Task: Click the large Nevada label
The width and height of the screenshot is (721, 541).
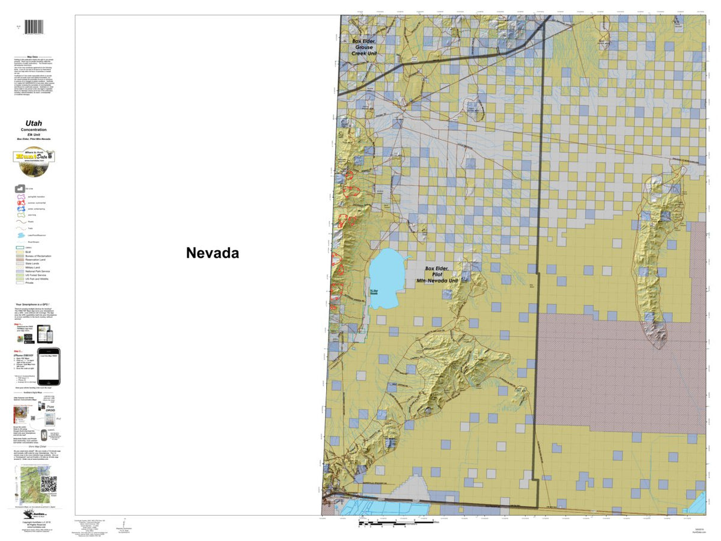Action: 212,253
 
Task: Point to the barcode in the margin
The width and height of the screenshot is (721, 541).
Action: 34,27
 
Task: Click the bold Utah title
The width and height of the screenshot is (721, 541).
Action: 34,123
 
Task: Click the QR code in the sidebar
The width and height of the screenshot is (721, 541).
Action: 48,484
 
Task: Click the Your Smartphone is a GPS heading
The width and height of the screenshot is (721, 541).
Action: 34,305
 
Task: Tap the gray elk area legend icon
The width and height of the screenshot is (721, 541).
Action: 20,188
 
